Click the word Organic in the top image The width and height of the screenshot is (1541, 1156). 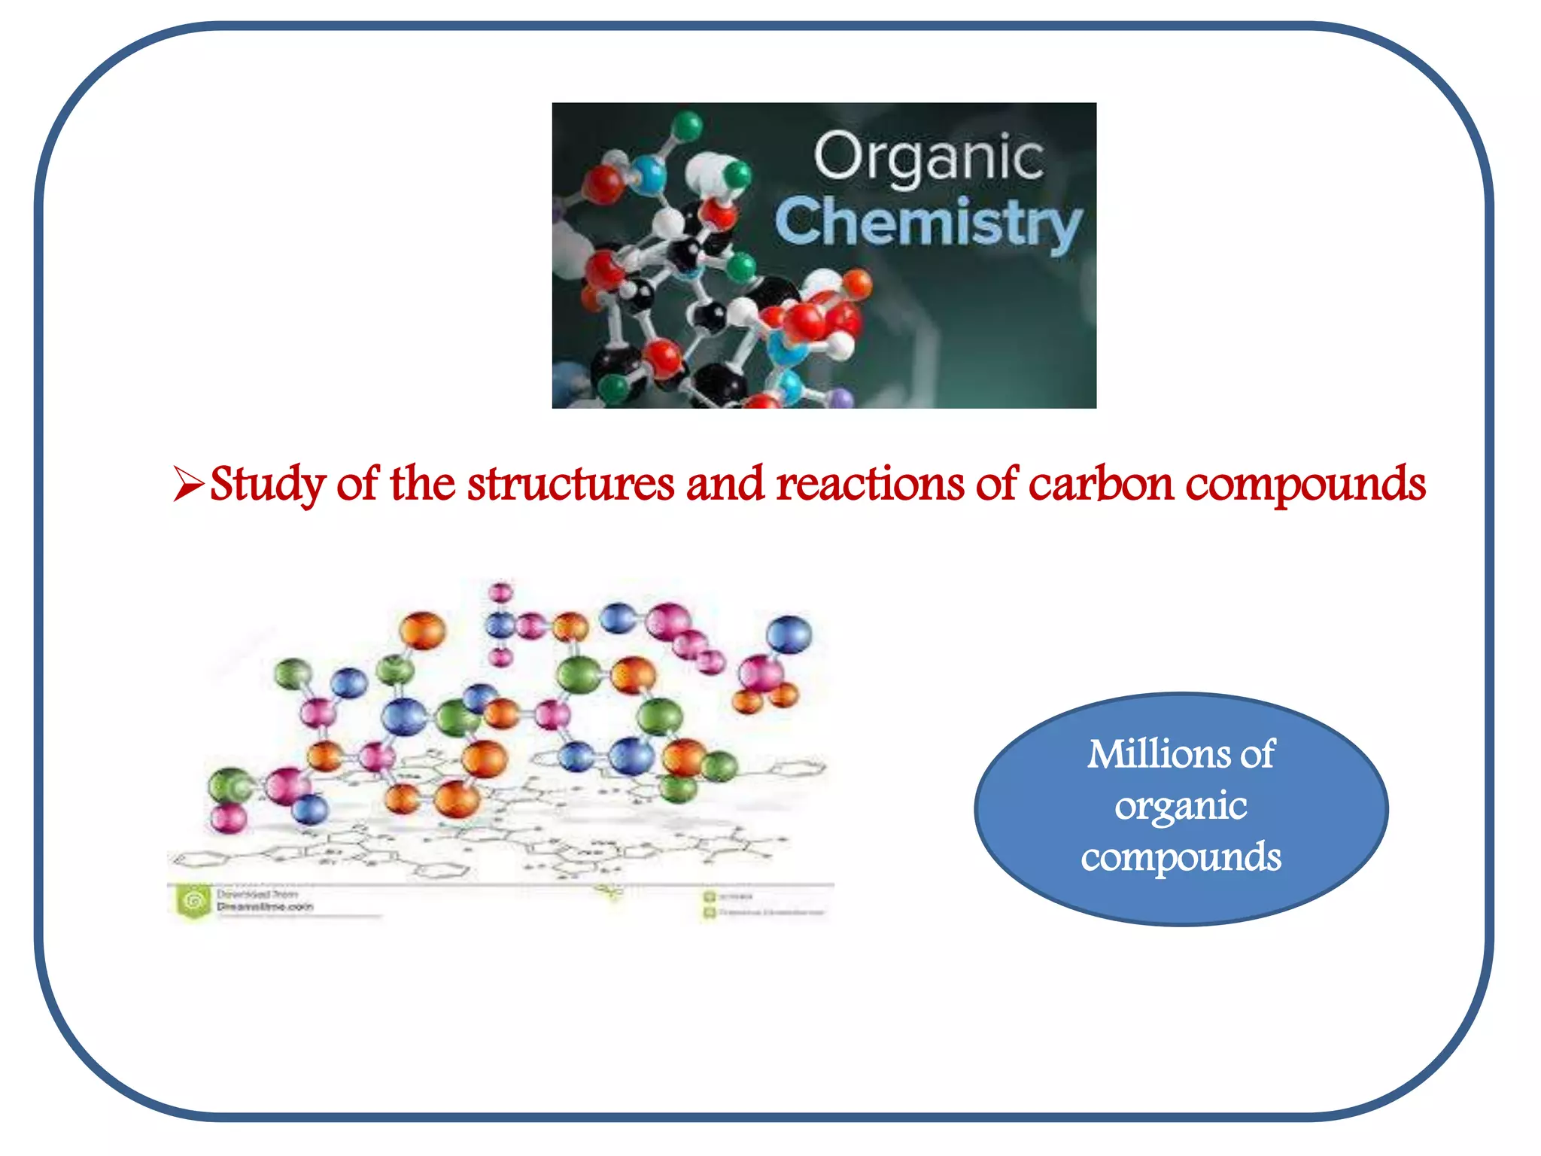929,157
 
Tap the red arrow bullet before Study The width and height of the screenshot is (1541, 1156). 187,484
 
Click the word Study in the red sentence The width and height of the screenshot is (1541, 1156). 268,484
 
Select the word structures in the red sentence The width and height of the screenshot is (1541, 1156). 570,484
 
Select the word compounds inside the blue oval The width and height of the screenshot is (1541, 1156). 1181,858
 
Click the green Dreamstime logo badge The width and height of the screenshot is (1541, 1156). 194,901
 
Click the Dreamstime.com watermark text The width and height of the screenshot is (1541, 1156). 264,907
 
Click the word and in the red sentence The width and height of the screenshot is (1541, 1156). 725,484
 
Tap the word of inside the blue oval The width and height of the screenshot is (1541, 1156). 1257,754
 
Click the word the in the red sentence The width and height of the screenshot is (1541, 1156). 422,484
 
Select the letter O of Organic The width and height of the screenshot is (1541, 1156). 836,156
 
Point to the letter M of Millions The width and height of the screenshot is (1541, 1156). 1109,754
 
